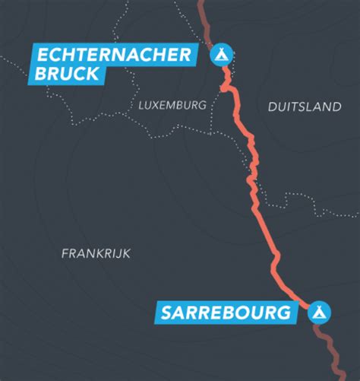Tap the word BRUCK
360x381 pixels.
tap(67, 74)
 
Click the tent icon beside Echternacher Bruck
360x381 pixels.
tap(221, 54)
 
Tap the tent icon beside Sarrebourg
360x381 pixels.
tap(319, 312)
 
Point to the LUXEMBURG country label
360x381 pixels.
tap(172, 106)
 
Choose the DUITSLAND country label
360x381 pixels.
tap(305, 107)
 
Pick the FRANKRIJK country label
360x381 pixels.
tap(96, 253)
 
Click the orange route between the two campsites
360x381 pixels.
tap(258, 190)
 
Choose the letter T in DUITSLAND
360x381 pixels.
tap(289, 107)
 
